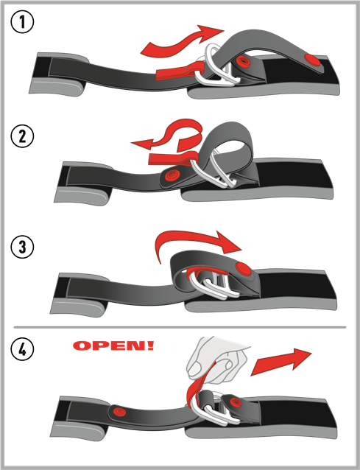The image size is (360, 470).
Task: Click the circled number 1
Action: [x=22, y=21]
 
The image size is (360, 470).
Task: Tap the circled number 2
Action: [x=22, y=136]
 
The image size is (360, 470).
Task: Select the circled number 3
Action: [x=22, y=247]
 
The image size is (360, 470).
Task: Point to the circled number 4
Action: [x=22, y=350]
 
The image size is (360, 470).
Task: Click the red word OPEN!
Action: [x=113, y=346]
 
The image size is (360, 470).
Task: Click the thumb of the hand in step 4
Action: [x=195, y=368]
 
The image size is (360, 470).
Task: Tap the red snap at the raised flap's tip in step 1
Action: [x=312, y=60]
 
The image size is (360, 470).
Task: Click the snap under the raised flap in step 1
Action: [x=243, y=61]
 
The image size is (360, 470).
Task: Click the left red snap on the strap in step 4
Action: [x=119, y=412]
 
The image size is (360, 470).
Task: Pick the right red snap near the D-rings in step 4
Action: [x=235, y=402]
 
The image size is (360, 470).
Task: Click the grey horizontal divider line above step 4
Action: [x=180, y=327]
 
